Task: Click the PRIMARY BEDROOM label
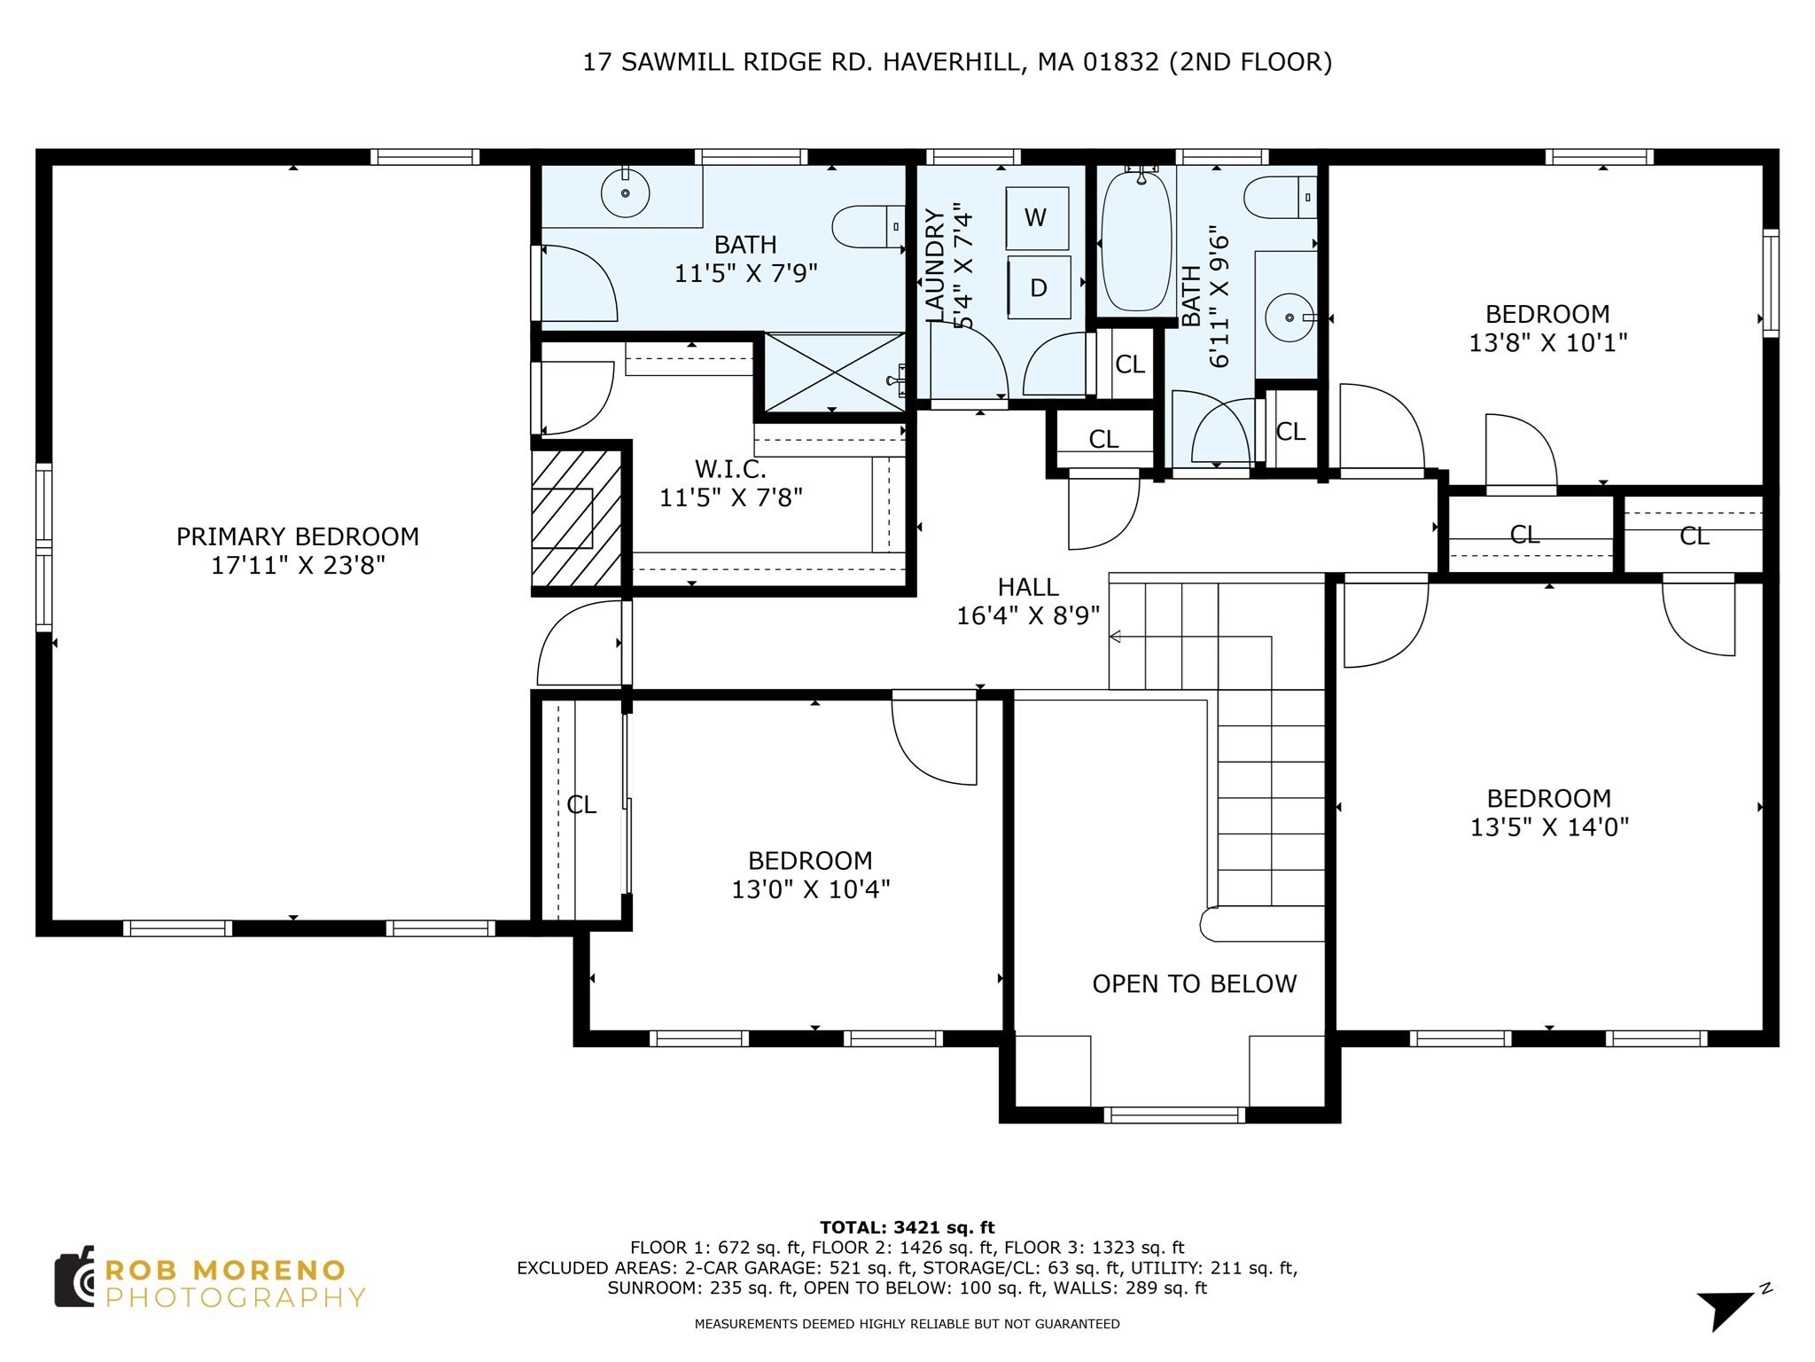[297, 536]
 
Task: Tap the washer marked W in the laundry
[1036, 218]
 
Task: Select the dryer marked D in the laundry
[1039, 287]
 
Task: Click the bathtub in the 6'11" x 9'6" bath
[1136, 241]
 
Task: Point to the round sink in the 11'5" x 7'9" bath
[625, 192]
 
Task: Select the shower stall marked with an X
[834, 372]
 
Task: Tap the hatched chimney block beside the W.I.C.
[576, 518]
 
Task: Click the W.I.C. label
[730, 468]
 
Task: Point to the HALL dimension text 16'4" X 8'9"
[1028, 615]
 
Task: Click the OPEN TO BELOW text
[1194, 984]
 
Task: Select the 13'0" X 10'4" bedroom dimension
[810, 889]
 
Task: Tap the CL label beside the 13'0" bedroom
[581, 805]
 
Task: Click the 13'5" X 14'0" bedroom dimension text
[1549, 827]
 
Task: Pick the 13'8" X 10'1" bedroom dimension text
[1547, 343]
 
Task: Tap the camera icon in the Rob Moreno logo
[75, 1278]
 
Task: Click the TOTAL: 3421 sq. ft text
[907, 1228]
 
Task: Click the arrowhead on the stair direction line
[1115, 637]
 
